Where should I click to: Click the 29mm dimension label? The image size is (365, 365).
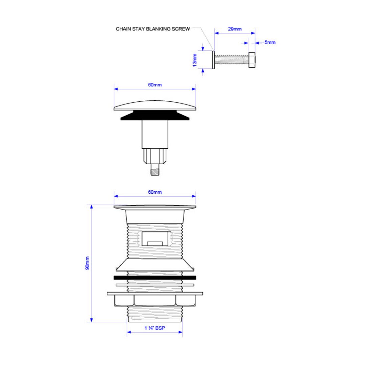click(235, 29)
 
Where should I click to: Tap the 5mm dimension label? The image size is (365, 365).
click(270, 42)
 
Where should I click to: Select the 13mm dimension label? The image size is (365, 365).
click(195, 60)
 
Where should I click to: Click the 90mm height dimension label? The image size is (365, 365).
click(87, 263)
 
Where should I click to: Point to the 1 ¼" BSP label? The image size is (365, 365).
click(155, 328)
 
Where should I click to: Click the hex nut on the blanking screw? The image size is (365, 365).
click(252, 60)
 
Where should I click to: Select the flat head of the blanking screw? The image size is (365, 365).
click(214, 60)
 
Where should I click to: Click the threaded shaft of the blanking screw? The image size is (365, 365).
click(232, 60)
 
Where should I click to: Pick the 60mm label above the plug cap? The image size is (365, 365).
click(155, 85)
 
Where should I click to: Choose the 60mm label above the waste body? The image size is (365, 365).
click(155, 192)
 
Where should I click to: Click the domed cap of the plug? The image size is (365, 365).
click(155, 105)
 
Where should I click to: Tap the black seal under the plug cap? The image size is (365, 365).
click(155, 115)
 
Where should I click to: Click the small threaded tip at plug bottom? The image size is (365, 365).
click(155, 170)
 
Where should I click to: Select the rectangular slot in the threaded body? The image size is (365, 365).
click(155, 239)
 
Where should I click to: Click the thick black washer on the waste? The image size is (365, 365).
click(155, 277)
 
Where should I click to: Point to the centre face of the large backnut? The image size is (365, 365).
click(155, 300)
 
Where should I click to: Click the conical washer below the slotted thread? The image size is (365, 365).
click(155, 265)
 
